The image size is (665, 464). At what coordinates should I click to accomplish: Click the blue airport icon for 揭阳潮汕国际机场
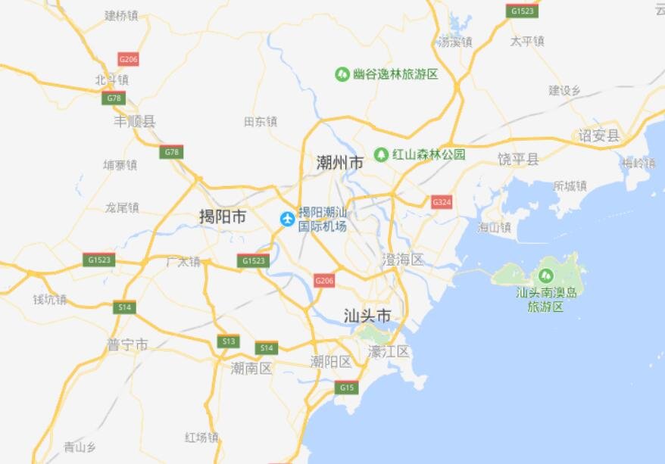[287, 220]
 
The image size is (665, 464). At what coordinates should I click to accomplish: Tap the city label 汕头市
[367, 316]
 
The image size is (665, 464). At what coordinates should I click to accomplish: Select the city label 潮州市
[339, 162]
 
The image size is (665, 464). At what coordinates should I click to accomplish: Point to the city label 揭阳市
[223, 217]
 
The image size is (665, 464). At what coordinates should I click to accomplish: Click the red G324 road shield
[442, 202]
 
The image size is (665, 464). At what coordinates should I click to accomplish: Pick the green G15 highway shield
[347, 388]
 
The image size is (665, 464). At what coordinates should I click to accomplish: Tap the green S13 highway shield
[228, 341]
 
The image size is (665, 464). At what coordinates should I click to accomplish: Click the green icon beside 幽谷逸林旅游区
[342, 74]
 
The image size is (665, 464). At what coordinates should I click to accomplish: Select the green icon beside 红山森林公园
[382, 154]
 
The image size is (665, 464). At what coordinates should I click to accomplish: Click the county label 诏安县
[598, 135]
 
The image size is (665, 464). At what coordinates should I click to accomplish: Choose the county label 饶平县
[518, 158]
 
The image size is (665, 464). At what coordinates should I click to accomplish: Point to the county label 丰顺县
[135, 121]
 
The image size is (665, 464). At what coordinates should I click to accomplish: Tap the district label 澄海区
[403, 260]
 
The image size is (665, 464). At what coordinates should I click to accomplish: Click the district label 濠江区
[389, 351]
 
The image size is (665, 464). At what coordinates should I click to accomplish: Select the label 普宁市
[127, 344]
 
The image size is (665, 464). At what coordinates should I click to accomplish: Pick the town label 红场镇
[201, 438]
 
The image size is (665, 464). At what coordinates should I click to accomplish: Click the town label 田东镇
[261, 121]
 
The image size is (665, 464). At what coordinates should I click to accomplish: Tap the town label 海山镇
[494, 227]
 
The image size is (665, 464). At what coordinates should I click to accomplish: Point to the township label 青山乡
[80, 447]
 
